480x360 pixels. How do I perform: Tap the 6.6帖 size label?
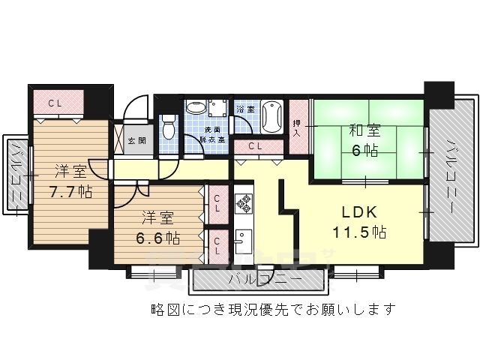click(157, 238)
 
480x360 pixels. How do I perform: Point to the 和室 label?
click(363, 130)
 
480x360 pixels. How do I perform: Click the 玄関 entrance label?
click(136, 140)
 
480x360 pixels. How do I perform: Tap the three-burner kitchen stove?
click(244, 202)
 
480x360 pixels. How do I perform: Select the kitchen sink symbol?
click(242, 241)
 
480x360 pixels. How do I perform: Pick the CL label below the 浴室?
click(253, 146)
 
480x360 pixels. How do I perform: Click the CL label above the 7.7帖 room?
click(55, 103)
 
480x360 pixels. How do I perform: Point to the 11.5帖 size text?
click(359, 232)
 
